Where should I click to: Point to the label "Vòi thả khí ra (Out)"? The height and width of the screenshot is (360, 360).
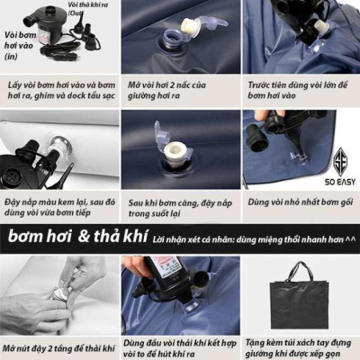88,9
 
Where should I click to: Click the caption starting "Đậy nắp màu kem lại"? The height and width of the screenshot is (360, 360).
59,210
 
